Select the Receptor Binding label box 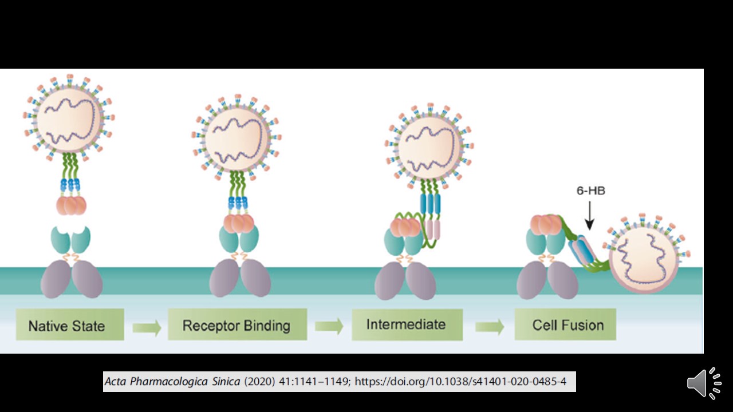click(237, 325)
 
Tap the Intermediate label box click(407, 324)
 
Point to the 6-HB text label click(590, 191)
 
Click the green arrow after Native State click(147, 327)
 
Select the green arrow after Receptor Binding click(329, 326)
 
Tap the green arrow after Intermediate click(490, 326)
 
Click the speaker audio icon click(704, 383)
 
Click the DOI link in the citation click(460, 381)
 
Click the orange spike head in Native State click(71, 205)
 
